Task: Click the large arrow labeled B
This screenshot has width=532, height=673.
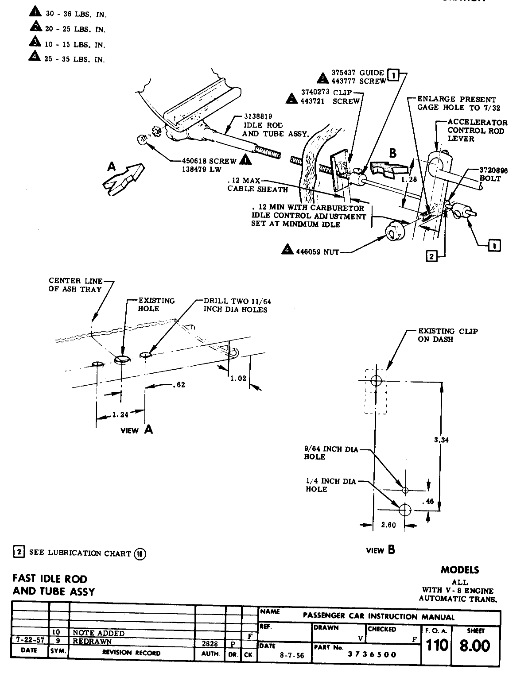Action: [x=389, y=168]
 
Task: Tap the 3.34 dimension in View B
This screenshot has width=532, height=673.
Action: [x=442, y=440]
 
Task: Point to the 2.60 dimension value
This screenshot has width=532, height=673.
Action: [x=388, y=525]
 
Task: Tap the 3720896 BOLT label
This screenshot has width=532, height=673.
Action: [x=490, y=174]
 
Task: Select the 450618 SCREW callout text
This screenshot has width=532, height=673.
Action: [x=209, y=161]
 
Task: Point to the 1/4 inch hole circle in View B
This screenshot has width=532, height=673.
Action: [x=403, y=510]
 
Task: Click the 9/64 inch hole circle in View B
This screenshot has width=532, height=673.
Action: [x=405, y=490]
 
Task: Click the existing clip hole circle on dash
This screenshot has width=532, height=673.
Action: [x=376, y=380]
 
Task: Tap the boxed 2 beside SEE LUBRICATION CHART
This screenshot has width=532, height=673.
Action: [x=19, y=552]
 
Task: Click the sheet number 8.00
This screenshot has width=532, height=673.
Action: [x=475, y=646]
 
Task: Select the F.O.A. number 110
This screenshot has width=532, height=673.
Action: [x=437, y=646]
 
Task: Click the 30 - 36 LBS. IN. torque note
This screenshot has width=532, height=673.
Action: [x=75, y=14]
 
